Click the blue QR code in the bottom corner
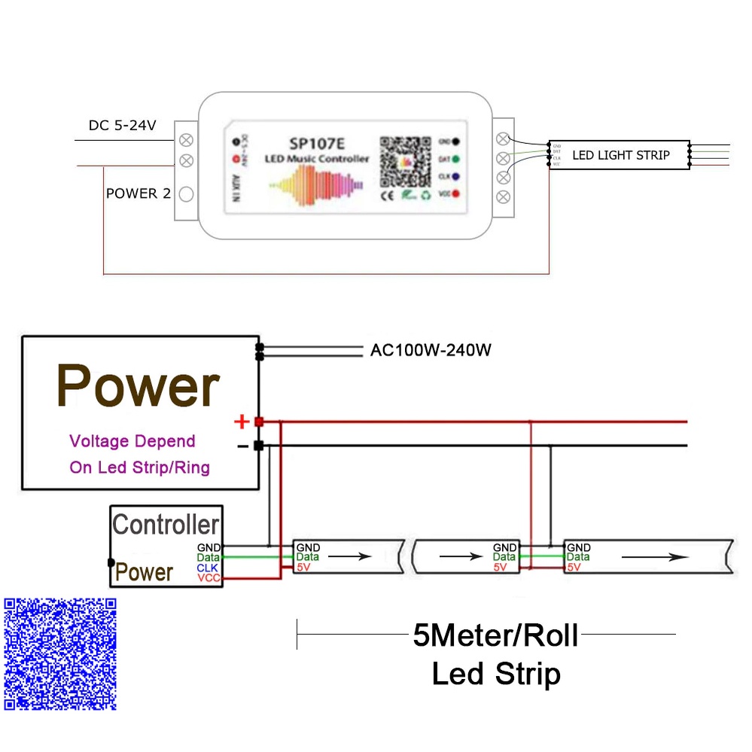[x=60, y=653]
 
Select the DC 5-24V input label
[x=123, y=126]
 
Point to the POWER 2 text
[x=138, y=193]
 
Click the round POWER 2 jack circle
[x=186, y=194]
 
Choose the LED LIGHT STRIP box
[x=620, y=155]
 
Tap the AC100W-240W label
[x=431, y=350]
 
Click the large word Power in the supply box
[x=139, y=386]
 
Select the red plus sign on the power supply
[x=242, y=422]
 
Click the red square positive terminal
[x=259, y=422]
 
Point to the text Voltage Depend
[x=132, y=441]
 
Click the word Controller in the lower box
[x=166, y=525]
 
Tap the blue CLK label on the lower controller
[x=207, y=568]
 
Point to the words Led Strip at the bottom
[x=496, y=674]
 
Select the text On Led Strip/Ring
[x=139, y=467]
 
